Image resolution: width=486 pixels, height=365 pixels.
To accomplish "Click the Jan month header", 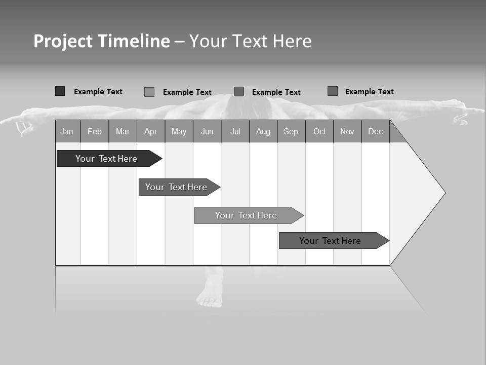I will (67, 131).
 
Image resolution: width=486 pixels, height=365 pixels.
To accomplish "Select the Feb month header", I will (95, 131).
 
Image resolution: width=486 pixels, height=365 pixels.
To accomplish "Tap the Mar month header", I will (123, 131).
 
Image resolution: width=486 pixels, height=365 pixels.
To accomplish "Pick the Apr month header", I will (151, 131).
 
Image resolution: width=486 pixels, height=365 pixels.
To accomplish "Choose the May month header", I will (179, 131).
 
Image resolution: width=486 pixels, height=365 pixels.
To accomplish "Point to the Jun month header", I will (207, 131).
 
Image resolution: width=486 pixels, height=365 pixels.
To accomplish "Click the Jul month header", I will (235, 131).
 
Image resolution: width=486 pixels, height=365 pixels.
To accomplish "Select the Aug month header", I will (263, 131).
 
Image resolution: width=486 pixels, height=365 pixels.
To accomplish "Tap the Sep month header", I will (291, 131).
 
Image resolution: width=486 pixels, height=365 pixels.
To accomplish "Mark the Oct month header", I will (319, 131).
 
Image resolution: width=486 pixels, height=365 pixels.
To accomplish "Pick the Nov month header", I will (347, 131).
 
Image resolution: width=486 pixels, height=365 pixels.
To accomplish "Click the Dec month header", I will (376, 131).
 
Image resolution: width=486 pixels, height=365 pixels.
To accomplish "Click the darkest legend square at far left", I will (60, 91).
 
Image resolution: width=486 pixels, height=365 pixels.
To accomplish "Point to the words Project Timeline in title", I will (102, 41).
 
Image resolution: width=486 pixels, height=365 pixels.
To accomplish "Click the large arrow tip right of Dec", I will (425, 193).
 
